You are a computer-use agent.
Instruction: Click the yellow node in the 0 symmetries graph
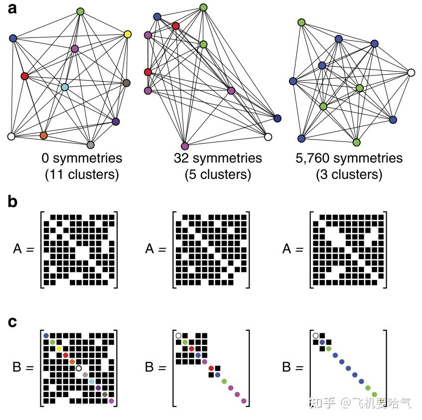tap(128, 34)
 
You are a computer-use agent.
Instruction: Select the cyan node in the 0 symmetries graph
tap(65, 87)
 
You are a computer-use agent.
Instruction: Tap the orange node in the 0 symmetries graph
tap(43, 135)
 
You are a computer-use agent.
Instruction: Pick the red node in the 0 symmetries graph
tap(25, 76)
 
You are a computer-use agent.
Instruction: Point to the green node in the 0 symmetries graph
tap(80, 11)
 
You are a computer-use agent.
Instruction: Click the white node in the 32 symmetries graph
tap(268, 137)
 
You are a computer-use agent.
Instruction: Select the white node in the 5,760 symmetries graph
tap(411, 73)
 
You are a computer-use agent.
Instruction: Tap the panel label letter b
tap(14, 201)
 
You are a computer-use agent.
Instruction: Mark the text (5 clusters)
tap(218, 175)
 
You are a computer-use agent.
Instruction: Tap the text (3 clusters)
tap(349, 175)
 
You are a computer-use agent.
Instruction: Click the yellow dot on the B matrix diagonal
tap(59, 348)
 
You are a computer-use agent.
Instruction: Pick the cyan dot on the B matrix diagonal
tap(92, 381)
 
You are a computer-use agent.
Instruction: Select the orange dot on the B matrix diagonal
tap(72, 361)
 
